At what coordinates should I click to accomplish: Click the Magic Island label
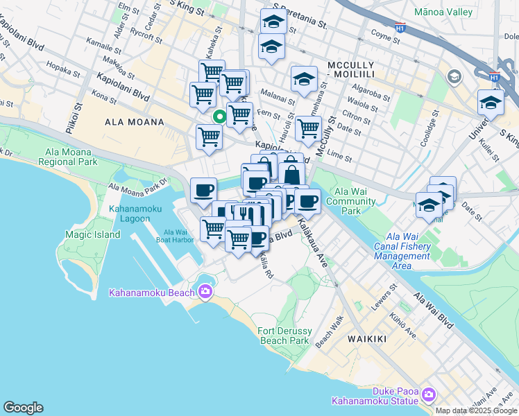[x=92, y=234]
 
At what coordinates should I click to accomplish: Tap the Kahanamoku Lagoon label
[x=130, y=213]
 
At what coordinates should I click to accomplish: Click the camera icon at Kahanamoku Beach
[x=205, y=292]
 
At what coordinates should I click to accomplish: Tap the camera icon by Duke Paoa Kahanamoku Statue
[x=428, y=395]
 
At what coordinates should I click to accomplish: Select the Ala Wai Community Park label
[x=355, y=201]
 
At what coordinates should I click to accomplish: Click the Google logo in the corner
[x=23, y=408]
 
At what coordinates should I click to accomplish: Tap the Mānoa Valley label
[x=443, y=12]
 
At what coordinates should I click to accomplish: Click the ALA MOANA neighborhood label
[x=134, y=122]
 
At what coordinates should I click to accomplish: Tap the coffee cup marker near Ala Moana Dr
[x=203, y=189]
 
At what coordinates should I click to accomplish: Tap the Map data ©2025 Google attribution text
[x=476, y=410]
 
